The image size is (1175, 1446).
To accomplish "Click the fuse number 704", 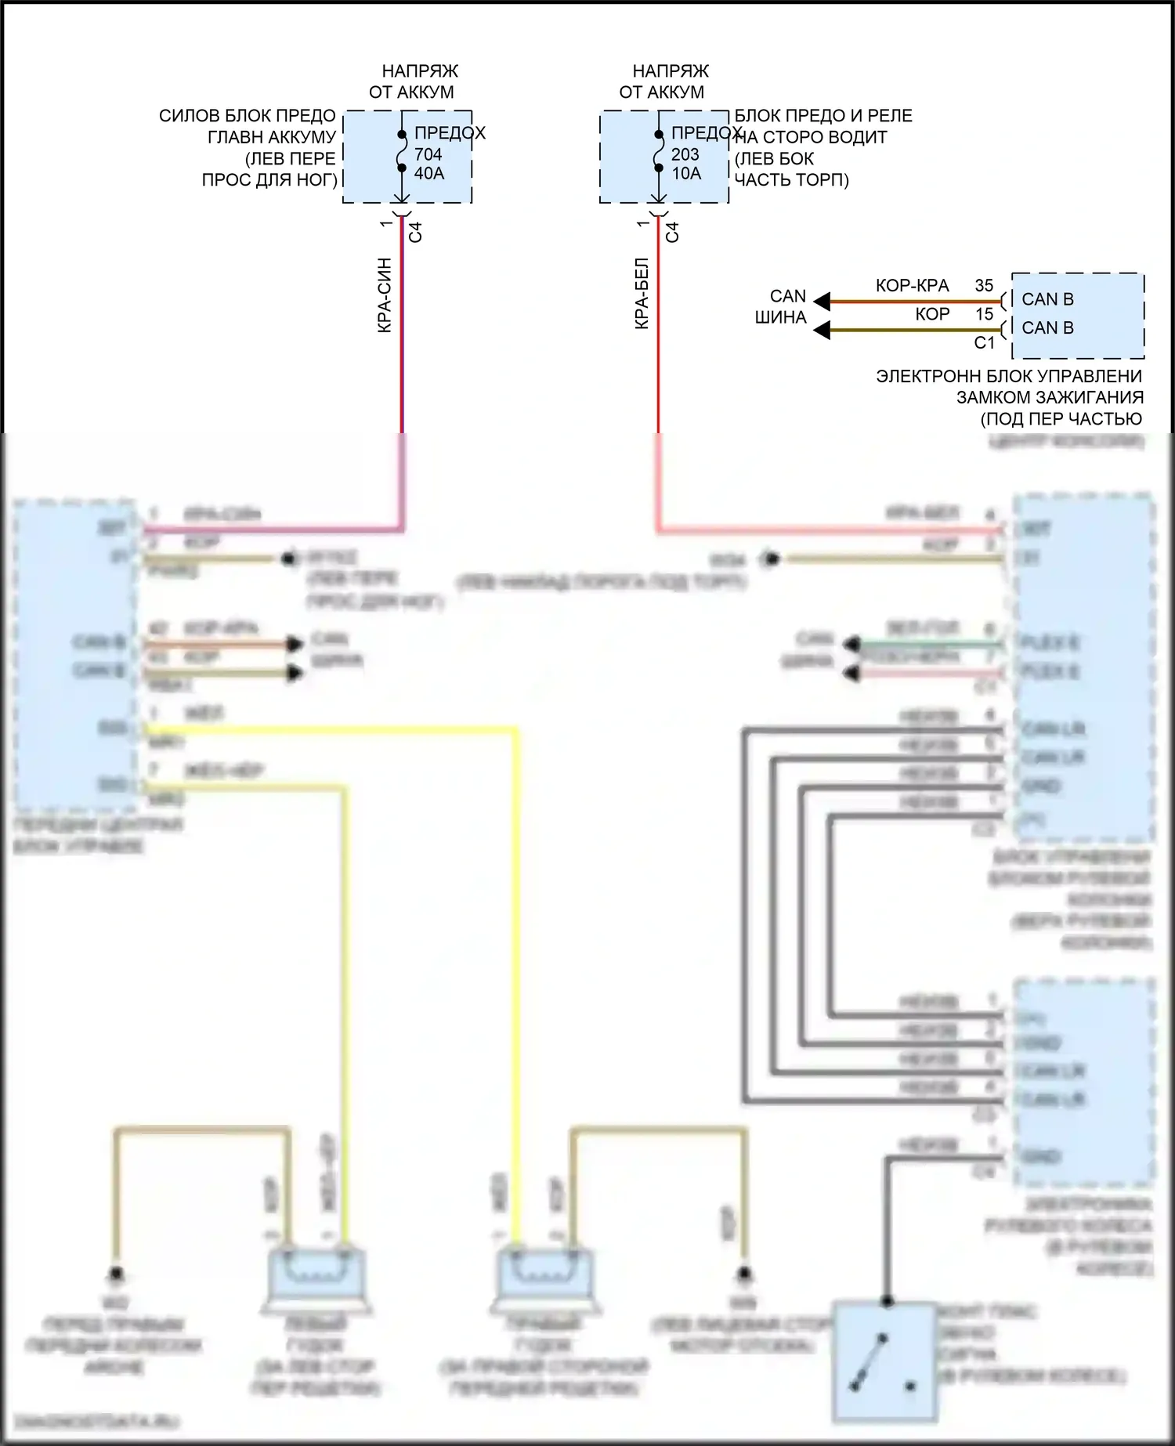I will (x=428, y=154).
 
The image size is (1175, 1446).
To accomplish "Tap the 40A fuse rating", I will (x=429, y=173).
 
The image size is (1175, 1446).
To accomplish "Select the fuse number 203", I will (x=685, y=154).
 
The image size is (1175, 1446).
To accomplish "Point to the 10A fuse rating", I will (x=686, y=173).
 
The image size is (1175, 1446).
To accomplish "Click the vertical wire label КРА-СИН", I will (x=385, y=295).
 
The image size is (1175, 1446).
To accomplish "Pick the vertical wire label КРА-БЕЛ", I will (x=642, y=293).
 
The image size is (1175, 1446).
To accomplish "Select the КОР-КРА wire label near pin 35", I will (x=912, y=286).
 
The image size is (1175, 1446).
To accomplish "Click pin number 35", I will (x=984, y=286).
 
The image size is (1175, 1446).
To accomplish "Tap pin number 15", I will (x=984, y=314).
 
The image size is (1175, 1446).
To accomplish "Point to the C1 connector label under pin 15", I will (x=984, y=342).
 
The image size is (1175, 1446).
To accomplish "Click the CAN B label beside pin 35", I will (x=1047, y=299).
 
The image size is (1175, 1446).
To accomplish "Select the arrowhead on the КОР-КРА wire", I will (x=822, y=301).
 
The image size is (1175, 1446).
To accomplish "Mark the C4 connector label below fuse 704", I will (x=415, y=232).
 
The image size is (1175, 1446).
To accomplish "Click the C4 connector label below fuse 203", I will (x=672, y=232).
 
